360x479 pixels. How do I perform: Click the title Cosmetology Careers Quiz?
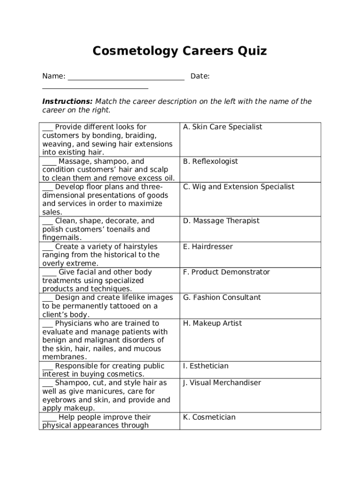[x=180, y=51]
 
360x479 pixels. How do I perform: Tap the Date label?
[x=200, y=76]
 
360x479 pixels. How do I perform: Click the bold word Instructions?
[x=67, y=102]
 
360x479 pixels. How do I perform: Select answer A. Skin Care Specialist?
[x=223, y=127]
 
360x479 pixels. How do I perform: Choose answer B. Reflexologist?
[x=210, y=161]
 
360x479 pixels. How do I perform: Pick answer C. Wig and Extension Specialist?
[x=238, y=187]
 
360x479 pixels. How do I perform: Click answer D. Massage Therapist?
[x=221, y=221]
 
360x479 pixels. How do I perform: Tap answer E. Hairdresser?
[x=208, y=247]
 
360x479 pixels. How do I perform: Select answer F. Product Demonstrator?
[x=226, y=272]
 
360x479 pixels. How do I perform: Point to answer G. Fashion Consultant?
[x=222, y=298]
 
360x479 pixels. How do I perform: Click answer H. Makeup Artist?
[x=211, y=323]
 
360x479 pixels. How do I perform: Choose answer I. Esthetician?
[x=206, y=366]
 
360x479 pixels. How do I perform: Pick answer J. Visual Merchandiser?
[x=222, y=383]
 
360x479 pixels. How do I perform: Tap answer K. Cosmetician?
[x=209, y=417]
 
